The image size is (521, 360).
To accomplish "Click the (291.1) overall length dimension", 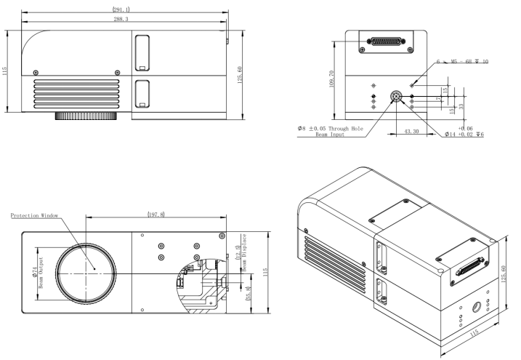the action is click(121, 9).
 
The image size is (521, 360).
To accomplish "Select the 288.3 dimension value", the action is click(121, 20).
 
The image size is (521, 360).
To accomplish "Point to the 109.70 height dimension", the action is click(332, 79).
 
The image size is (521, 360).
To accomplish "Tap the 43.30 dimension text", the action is click(411, 132).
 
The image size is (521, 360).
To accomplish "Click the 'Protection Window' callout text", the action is click(34, 216).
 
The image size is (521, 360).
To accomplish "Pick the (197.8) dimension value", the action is click(156, 215).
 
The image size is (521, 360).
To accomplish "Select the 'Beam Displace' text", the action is click(244, 252).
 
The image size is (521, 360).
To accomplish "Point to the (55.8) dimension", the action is click(247, 294).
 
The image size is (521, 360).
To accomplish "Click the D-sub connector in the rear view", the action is click(386, 41).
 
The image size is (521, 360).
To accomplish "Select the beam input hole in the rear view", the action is click(396, 96).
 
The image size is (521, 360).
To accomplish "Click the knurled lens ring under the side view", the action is click(86, 116).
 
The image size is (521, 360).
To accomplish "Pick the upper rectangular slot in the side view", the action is click(142, 53).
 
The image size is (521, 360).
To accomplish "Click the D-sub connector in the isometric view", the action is click(470, 266).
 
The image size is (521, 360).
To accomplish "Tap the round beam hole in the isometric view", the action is click(478, 307).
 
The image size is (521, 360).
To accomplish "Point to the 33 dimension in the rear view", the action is click(461, 106).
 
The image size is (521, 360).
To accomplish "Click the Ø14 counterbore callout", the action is click(464, 135).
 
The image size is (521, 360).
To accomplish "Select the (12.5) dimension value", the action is click(237, 252).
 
